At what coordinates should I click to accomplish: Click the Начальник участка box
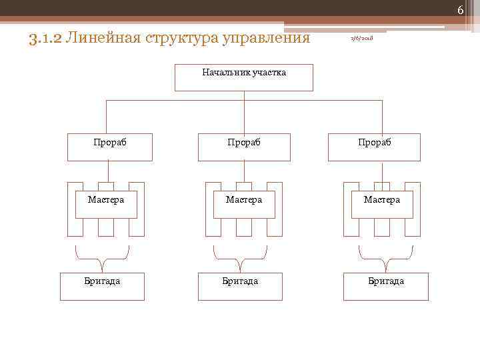pos(244,77)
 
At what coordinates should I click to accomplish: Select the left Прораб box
pos(110,147)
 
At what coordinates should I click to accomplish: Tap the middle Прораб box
pos(244,147)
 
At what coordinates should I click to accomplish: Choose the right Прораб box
pos(374,147)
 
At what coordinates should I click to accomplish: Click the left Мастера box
pos(106,204)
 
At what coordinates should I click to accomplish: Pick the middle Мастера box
pos(244,204)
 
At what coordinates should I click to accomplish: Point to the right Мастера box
pos(382,204)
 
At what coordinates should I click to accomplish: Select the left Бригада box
pos(102,287)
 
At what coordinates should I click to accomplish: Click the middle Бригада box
pos(240,287)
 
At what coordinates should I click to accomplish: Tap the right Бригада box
pos(386,287)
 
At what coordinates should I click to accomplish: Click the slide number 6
pos(460,9)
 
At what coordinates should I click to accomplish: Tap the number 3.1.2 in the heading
pos(46,37)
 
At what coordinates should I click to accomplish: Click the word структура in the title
pos(182,37)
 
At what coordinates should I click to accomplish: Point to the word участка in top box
pos(269,72)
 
